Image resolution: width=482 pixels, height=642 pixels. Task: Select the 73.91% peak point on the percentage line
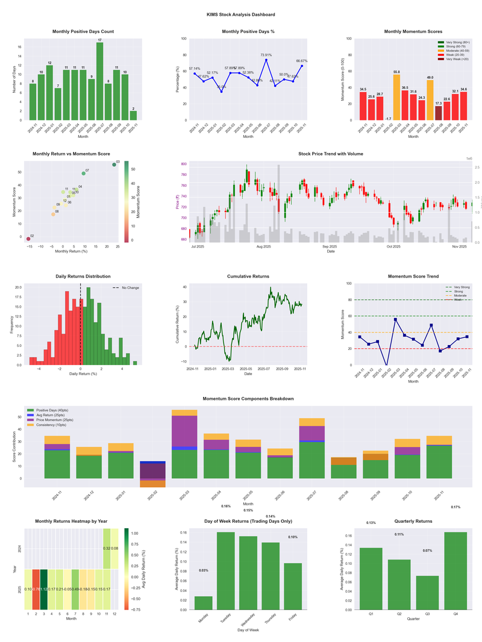[266, 60]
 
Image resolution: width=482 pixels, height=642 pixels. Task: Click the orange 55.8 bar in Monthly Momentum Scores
[396, 97]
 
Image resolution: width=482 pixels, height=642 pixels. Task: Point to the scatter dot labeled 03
[114, 164]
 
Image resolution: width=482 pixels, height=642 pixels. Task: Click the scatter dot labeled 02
[28, 238]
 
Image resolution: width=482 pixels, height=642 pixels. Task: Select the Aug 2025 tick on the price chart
[263, 246]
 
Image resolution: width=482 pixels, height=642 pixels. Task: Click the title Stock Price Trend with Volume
[331, 154]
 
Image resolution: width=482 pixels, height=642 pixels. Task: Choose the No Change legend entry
[126, 288]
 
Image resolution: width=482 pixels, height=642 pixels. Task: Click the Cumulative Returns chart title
[248, 276]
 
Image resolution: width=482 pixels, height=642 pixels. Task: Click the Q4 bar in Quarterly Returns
[455, 570]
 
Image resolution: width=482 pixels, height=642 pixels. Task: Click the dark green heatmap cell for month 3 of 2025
[43, 589]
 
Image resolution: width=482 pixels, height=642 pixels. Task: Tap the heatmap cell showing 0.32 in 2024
[107, 549]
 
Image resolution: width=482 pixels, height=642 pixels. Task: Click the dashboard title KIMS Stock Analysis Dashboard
[240, 14]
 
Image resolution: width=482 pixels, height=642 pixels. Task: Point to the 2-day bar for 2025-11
[133, 115]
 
